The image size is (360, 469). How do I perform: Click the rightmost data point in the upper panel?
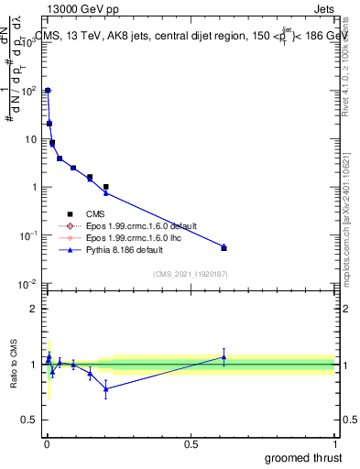[224, 247]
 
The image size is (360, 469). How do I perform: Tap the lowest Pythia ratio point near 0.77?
[106, 388]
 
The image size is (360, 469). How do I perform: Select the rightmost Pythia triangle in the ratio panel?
[224, 357]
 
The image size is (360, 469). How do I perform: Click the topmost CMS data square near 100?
[48, 91]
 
